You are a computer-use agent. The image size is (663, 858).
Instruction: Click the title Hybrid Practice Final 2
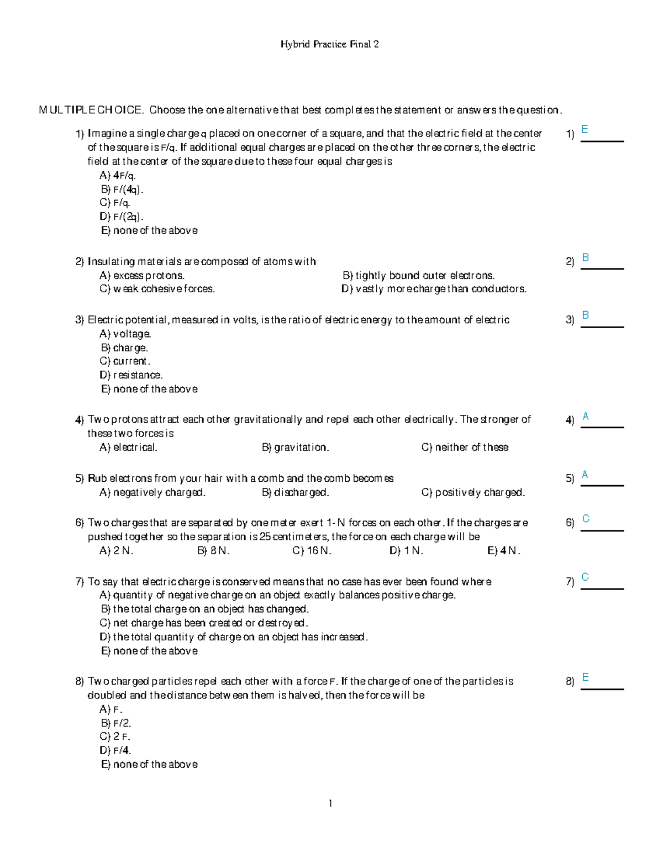329,44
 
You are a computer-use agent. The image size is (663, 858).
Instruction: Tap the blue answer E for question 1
585,130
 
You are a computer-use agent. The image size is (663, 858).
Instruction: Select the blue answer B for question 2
585,257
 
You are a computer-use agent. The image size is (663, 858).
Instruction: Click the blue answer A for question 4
585,417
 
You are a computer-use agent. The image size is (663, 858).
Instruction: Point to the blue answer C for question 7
585,577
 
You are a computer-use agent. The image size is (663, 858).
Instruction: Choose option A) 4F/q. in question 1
118,176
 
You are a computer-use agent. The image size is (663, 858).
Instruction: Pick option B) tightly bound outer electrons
418,276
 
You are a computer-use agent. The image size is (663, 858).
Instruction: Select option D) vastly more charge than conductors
434,289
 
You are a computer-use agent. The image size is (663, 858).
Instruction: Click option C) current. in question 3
125,361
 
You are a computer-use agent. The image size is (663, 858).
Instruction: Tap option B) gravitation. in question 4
295,448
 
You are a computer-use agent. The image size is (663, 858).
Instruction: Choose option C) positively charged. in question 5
473,492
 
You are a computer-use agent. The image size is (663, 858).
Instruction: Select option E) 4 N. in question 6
503,551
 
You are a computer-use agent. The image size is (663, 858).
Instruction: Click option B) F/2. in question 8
116,723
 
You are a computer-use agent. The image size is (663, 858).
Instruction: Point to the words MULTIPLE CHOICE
91,110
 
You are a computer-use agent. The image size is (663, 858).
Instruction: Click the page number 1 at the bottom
330,803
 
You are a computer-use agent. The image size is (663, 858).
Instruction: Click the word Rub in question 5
97,478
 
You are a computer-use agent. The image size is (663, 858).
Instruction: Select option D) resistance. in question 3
131,375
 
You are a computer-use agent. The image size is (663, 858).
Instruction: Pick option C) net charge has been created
203,623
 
